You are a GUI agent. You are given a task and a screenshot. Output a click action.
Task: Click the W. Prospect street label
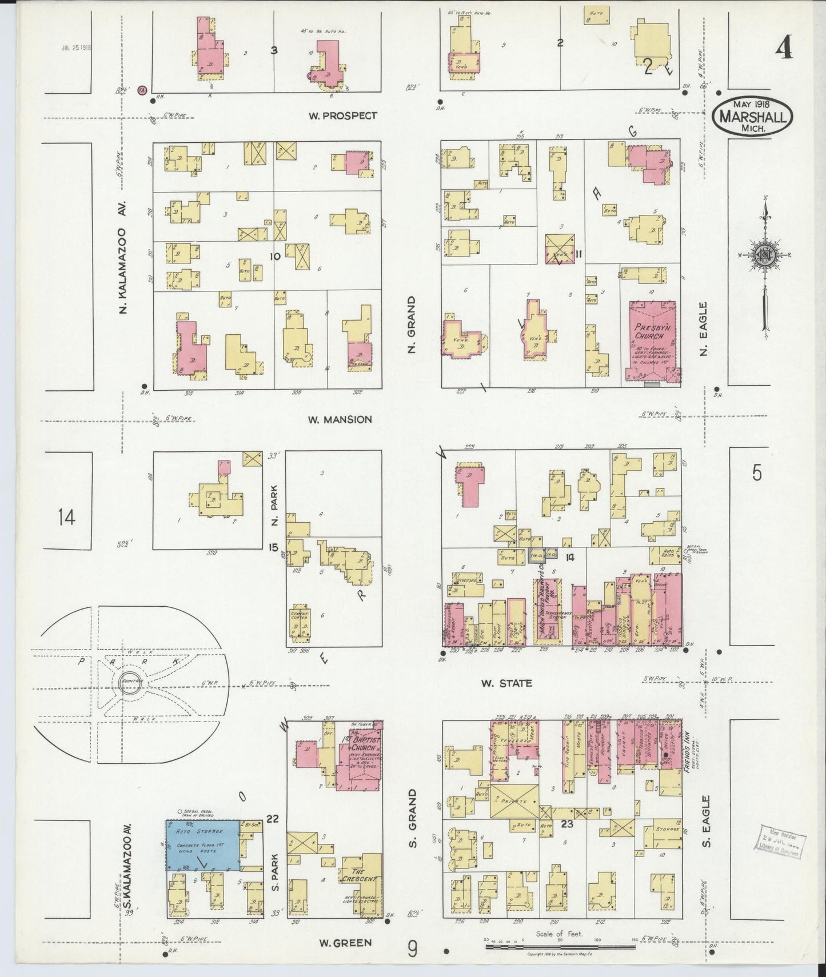[x=342, y=115]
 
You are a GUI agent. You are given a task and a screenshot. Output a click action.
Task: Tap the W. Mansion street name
[x=340, y=419]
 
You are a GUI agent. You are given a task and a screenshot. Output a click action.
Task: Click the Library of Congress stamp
[x=780, y=840]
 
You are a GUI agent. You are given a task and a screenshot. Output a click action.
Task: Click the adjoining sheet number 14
[x=66, y=518]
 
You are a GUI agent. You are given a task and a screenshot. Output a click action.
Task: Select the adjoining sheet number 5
[x=757, y=473]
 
